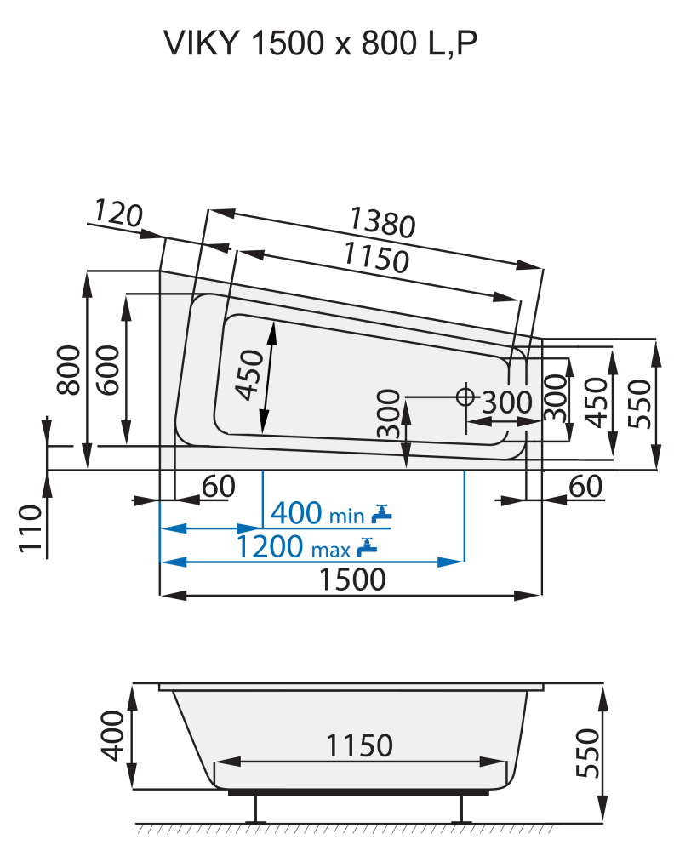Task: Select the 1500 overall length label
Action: coord(352,580)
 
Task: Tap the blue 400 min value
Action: coord(296,513)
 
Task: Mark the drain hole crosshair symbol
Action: coord(465,397)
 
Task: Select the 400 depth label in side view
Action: coord(114,737)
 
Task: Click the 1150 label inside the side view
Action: coord(359,745)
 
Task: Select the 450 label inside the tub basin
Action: coord(247,374)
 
